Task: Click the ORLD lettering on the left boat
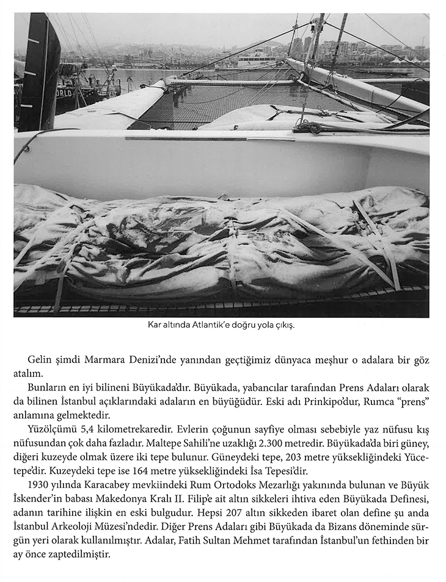64,93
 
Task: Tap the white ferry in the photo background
257,59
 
